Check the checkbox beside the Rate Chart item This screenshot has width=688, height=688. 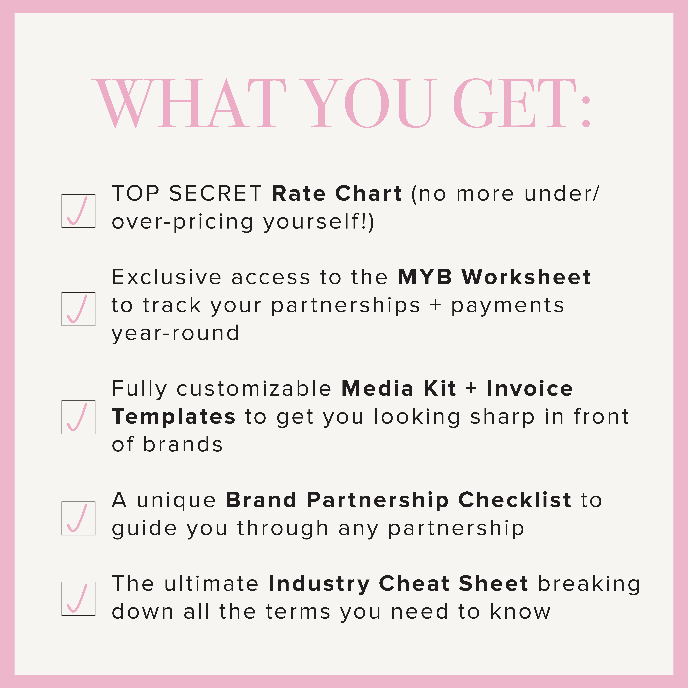tap(78, 211)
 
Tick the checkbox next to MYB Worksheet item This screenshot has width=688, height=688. tap(78, 309)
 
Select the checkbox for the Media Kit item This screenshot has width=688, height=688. tap(78, 417)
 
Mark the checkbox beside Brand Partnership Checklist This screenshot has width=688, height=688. tap(78, 519)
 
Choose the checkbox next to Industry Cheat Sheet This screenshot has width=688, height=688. tap(78, 599)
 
